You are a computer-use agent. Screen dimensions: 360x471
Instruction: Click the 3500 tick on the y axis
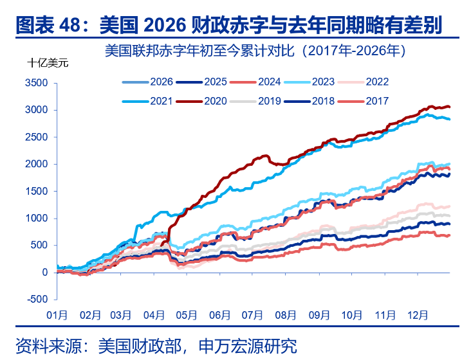37,84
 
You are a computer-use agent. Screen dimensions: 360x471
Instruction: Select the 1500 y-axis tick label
37,192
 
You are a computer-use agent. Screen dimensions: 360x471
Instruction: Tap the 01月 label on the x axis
57,315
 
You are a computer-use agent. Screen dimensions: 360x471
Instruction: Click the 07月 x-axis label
253,315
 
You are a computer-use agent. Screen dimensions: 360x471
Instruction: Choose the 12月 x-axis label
417,315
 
